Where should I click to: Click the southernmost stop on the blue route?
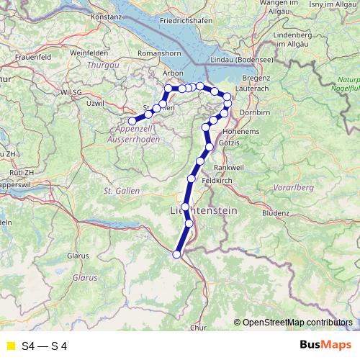click(176, 253)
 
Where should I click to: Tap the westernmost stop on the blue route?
click(132, 121)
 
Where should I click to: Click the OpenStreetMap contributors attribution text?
click(297, 323)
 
